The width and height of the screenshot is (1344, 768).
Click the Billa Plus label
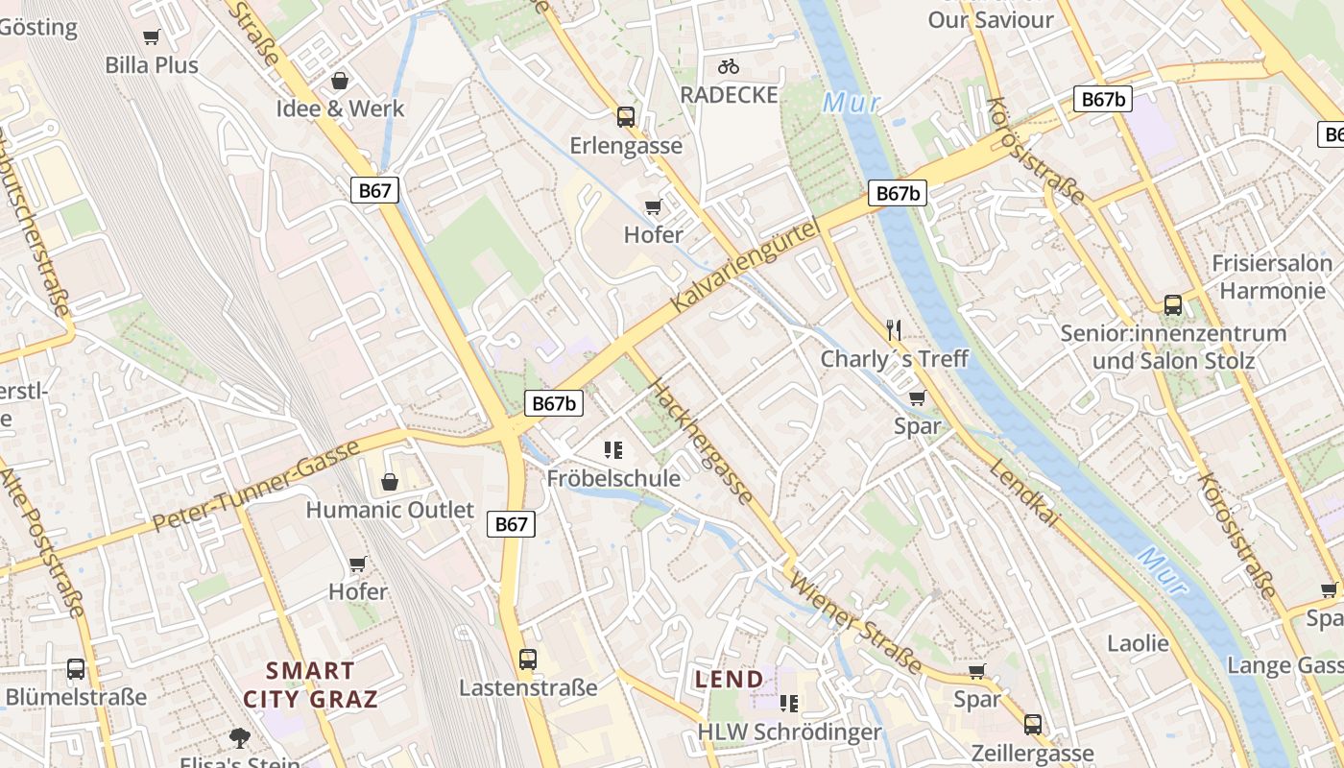tap(152, 65)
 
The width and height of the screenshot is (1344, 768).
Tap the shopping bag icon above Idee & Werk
tap(339, 81)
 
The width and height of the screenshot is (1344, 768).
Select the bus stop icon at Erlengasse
tap(626, 117)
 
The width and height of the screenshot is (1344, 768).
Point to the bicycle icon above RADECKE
tap(729, 66)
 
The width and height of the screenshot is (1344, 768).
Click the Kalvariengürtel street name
tap(746, 266)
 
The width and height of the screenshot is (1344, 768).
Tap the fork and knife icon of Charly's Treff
tap(894, 331)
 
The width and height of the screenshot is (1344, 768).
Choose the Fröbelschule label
tap(613, 478)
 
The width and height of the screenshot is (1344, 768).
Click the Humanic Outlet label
tap(390, 509)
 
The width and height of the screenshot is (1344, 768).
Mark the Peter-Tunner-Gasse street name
tap(256, 485)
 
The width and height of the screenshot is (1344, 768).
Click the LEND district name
tap(730, 680)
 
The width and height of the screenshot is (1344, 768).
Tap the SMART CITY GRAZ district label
tap(310, 684)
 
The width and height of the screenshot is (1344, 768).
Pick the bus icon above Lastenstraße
tap(528, 660)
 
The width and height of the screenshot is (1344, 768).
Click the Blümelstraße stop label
tap(76, 696)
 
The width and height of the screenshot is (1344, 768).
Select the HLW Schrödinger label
tap(789, 732)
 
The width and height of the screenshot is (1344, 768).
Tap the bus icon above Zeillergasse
tap(1033, 725)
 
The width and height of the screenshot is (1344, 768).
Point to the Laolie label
tap(1138, 643)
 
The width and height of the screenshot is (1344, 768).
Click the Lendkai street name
tap(1024, 493)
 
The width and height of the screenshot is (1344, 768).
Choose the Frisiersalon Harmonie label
tap(1272, 276)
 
